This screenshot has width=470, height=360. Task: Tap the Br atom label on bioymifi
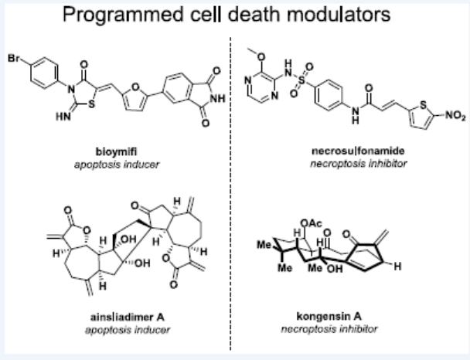tap(15, 57)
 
